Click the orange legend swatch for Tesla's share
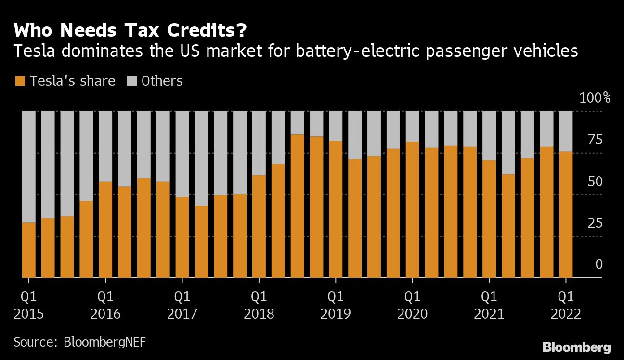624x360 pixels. pyautogui.click(x=19, y=81)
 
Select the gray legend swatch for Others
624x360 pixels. pyautogui.click(x=131, y=81)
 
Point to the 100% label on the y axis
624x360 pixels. pyautogui.click(x=595, y=98)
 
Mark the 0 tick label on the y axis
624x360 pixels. pyautogui.click(x=599, y=264)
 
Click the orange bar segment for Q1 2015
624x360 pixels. pyautogui.click(x=29, y=250)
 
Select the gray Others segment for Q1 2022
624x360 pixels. pyautogui.click(x=566, y=131)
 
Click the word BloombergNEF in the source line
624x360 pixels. pyautogui.click(x=104, y=342)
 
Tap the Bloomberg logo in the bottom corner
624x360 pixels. pyautogui.click(x=576, y=347)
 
